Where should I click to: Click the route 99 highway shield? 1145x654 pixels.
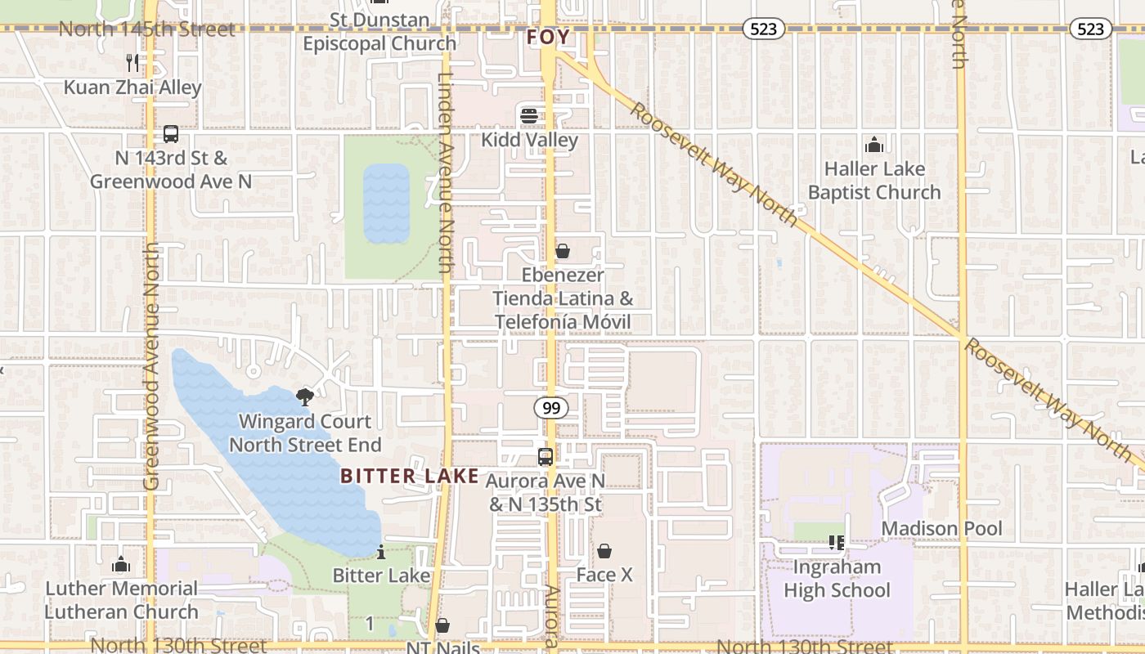(x=552, y=407)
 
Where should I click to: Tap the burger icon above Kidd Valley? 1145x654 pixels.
(x=529, y=115)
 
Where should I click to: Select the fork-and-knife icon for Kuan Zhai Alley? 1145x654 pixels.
(x=132, y=62)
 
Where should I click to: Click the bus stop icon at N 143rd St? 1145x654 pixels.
(x=170, y=134)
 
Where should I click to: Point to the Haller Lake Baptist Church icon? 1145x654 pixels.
(x=874, y=145)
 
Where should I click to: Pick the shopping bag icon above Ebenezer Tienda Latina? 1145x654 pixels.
(x=563, y=251)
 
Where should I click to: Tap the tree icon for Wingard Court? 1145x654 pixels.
(x=305, y=397)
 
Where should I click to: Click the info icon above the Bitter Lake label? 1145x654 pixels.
(x=380, y=552)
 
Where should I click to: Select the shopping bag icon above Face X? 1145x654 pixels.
(x=604, y=551)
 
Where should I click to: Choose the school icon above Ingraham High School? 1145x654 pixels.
(x=836, y=542)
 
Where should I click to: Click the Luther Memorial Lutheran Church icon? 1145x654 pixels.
(x=121, y=564)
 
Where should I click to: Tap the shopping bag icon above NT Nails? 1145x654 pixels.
(x=442, y=625)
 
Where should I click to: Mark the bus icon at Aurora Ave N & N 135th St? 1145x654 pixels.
(x=546, y=457)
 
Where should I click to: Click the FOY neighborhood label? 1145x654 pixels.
(x=548, y=38)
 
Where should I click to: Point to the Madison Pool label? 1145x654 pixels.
(x=941, y=529)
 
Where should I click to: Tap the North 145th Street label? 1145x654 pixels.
(x=147, y=29)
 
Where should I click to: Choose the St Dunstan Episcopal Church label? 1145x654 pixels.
(x=379, y=32)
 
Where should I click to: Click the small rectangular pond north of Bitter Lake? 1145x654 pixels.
(x=386, y=204)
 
